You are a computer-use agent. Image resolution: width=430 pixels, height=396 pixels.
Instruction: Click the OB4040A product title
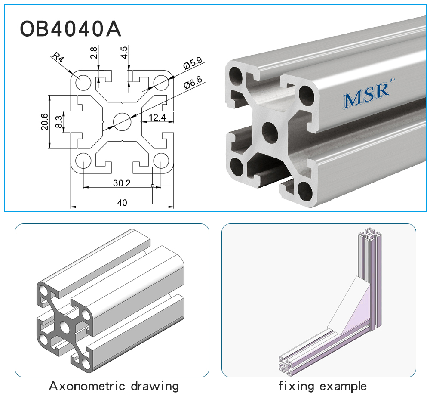tap(71, 29)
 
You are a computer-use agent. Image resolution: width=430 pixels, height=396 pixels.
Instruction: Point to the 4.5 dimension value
tap(124, 52)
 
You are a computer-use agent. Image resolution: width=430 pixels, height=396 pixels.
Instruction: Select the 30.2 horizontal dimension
tap(122, 183)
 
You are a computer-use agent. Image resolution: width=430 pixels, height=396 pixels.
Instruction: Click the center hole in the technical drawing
tap(122, 122)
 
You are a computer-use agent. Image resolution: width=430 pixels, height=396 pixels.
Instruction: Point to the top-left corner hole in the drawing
tap(83, 81)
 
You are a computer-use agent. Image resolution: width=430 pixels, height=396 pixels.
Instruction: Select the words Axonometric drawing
tap(114, 386)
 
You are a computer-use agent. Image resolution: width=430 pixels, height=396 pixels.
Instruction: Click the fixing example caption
tap(322, 386)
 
